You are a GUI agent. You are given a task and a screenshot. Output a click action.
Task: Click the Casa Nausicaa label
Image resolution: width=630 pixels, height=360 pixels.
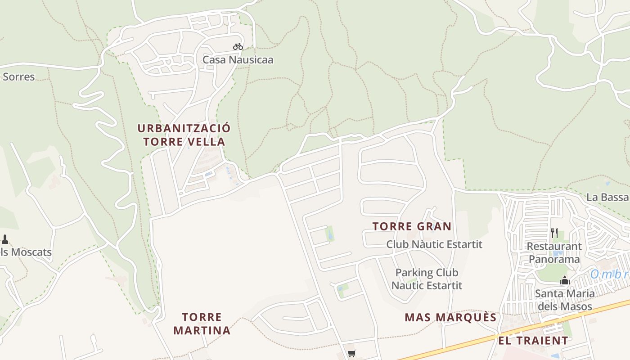(238, 60)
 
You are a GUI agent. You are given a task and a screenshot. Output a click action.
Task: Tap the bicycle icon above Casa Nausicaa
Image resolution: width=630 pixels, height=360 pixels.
(238, 46)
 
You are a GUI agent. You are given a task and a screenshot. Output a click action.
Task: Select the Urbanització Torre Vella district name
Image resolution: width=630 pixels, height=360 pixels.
(184, 135)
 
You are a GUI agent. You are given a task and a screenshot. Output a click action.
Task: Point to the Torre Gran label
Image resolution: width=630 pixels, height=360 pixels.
(412, 226)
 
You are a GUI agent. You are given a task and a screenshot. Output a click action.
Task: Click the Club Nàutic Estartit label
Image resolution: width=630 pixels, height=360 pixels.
(434, 244)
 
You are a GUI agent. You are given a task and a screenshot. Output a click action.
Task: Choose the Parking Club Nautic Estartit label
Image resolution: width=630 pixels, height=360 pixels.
(427, 279)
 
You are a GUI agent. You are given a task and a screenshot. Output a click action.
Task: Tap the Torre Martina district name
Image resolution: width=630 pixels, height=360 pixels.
(202, 324)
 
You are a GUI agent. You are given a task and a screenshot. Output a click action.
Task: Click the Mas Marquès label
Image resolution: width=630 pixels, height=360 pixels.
(450, 318)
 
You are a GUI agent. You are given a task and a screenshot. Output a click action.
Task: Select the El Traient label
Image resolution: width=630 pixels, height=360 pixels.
(533, 341)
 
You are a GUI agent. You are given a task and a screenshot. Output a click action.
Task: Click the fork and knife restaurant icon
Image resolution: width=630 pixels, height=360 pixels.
(554, 233)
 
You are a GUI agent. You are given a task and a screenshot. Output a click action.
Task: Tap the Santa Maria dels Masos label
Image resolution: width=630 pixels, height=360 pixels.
(564, 300)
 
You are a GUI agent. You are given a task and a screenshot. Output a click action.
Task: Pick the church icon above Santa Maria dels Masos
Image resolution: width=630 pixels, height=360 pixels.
(564, 281)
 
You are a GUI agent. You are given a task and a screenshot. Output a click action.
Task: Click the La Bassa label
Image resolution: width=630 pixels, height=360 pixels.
(607, 197)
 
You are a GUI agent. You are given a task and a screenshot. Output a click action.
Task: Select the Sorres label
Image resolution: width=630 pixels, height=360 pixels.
(18, 77)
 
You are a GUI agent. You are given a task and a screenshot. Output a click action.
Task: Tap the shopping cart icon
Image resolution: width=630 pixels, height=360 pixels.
(351, 354)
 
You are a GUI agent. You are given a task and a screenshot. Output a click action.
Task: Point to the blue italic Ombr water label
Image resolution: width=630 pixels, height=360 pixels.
(610, 274)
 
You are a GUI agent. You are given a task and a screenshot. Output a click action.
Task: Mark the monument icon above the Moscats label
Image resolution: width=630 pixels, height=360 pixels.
(5, 239)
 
